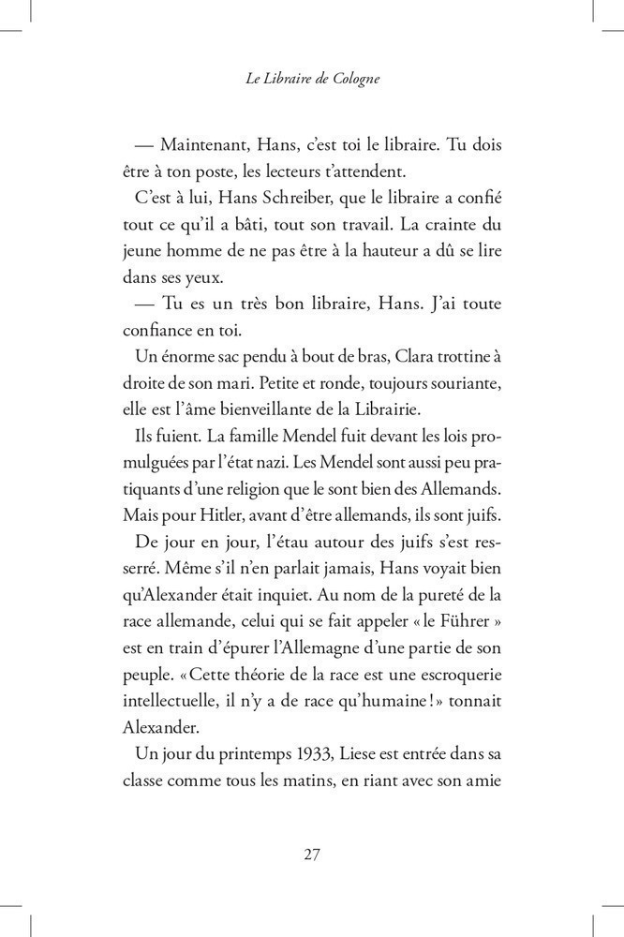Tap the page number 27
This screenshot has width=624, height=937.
(x=313, y=854)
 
